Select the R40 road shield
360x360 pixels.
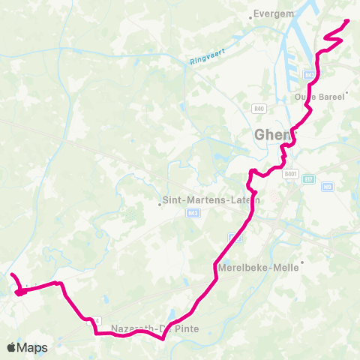pyautogui.click(x=259, y=109)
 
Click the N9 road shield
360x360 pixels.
pyautogui.click(x=327, y=186)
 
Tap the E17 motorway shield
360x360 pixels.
pyautogui.click(x=310, y=178)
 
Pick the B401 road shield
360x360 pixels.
pyautogui.click(x=291, y=173)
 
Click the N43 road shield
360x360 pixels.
pyautogui.click(x=193, y=214)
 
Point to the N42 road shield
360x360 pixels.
pyautogui.click(x=309, y=75)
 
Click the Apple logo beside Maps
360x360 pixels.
pyautogui.click(x=12, y=347)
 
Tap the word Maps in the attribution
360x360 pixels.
pyautogui.click(x=33, y=347)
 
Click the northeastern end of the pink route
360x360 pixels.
pyautogui.click(x=347, y=22)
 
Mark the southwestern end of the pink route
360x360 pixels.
pyautogui.click(x=12, y=276)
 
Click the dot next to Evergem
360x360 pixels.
pyautogui.click(x=250, y=14)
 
